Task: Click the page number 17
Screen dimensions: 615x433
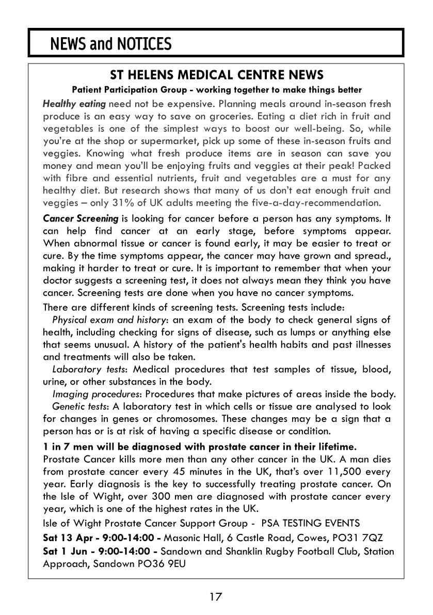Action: click(216, 597)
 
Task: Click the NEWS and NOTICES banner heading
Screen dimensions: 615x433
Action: click(110, 44)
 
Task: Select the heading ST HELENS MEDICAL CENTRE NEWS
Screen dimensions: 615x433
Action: click(217, 75)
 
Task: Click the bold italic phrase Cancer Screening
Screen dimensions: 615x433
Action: click(81, 218)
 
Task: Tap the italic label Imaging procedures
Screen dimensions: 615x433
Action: click(97, 395)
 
